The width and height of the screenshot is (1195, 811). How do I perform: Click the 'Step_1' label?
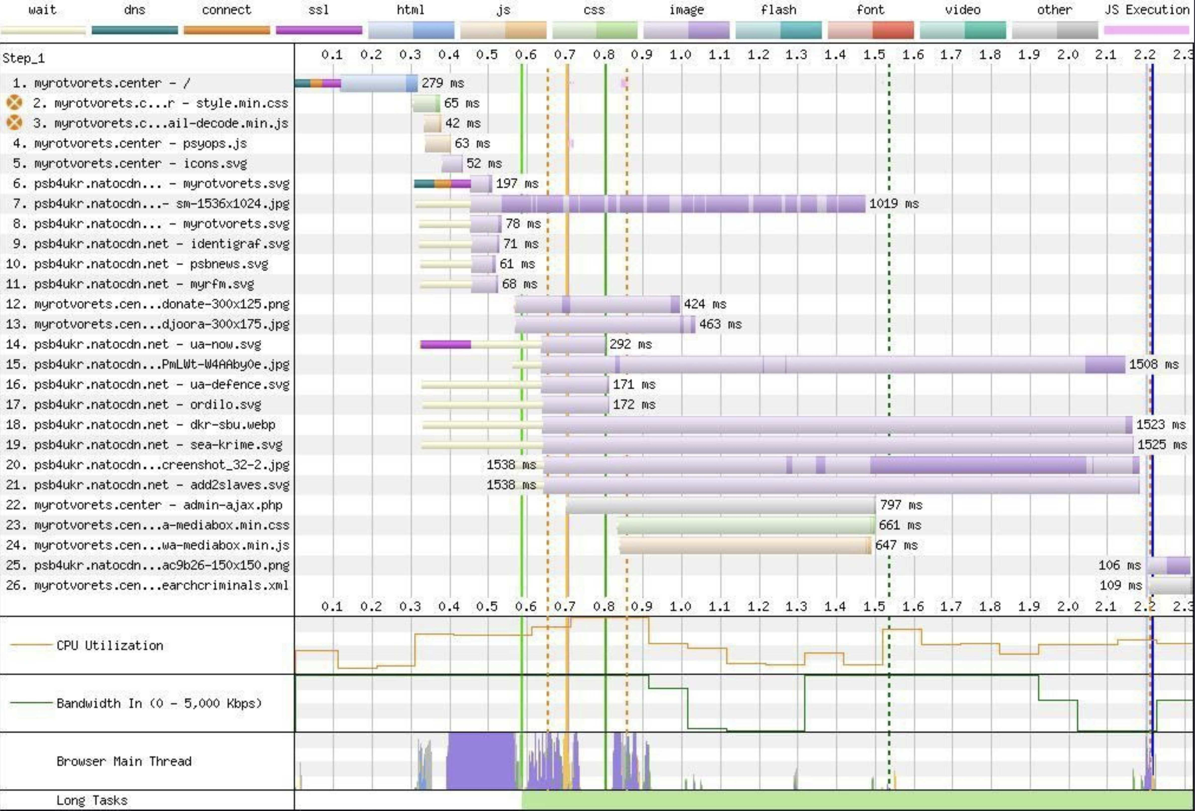[24, 58]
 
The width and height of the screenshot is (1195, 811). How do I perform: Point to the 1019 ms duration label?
[894, 204]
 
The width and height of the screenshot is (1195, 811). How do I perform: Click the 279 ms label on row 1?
[443, 83]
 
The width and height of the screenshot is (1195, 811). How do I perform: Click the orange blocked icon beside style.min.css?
[14, 103]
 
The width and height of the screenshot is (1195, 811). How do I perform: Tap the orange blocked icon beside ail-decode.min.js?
[14, 123]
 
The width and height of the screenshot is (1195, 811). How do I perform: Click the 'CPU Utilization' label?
[110, 645]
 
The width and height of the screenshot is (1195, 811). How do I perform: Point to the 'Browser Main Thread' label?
[124, 761]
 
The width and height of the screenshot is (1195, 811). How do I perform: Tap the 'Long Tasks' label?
[92, 800]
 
